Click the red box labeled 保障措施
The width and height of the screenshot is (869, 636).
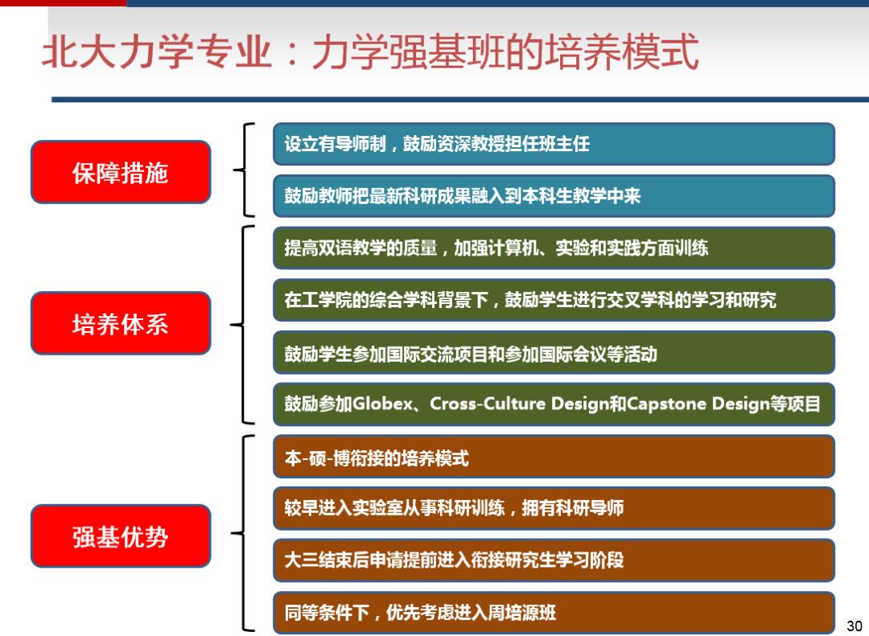pyautogui.click(x=121, y=172)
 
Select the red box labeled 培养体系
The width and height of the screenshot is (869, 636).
pyautogui.click(x=121, y=323)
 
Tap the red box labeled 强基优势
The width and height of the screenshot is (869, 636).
pyautogui.click(x=121, y=535)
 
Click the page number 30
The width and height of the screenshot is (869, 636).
pyautogui.click(x=854, y=626)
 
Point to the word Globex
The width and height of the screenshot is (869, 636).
pyautogui.click(x=382, y=404)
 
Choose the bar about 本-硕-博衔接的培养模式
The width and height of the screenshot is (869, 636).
pyautogui.click(x=554, y=457)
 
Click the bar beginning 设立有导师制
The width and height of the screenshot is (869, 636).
pyautogui.click(x=554, y=144)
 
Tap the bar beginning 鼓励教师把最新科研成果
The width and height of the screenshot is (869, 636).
pyautogui.click(x=554, y=195)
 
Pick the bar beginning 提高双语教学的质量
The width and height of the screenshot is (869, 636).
pyautogui.click(x=554, y=248)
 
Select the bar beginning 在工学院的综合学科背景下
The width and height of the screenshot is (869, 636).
pyautogui.click(x=554, y=300)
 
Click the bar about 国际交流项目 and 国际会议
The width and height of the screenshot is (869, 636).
pyautogui.click(x=554, y=352)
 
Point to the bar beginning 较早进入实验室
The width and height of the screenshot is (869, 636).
pyautogui.click(x=554, y=508)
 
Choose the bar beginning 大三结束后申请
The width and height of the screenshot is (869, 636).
pyautogui.click(x=554, y=560)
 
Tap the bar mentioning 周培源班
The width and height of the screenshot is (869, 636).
pyautogui.click(x=554, y=612)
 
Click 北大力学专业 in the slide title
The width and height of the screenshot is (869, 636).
pyautogui.click(x=158, y=51)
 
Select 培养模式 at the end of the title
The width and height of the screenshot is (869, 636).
pyautogui.click(x=622, y=51)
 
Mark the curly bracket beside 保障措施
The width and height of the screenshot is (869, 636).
pyautogui.click(x=245, y=170)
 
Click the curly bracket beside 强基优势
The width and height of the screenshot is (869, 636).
pyautogui.click(x=243, y=534)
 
